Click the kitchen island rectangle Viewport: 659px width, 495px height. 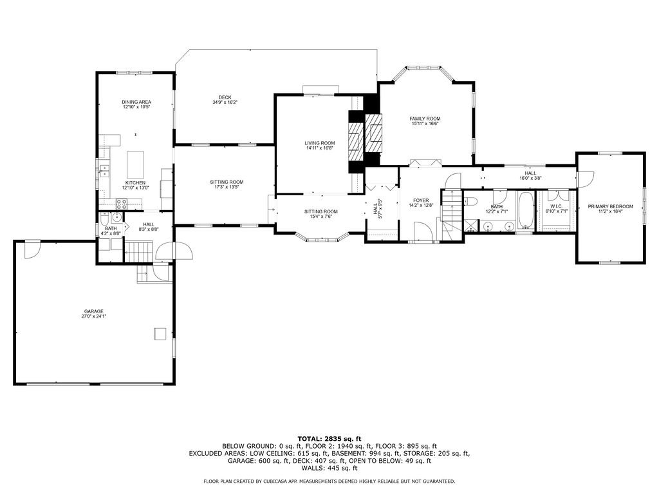click(x=136, y=164)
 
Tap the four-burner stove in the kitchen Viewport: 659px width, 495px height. click(x=121, y=204)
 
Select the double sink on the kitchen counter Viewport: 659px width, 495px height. click(x=104, y=171)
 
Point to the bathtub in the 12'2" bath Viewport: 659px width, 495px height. click(x=525, y=210)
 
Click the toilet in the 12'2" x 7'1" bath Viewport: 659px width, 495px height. click(x=470, y=201)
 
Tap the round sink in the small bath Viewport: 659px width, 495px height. click(x=116, y=217)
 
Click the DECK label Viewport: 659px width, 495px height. click(x=225, y=97)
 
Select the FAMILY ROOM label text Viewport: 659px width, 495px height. click(x=425, y=119)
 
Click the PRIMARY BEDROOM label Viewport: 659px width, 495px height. click(x=610, y=206)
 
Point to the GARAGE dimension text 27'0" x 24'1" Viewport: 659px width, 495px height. click(x=93, y=316)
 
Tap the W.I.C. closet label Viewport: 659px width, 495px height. click(x=555, y=206)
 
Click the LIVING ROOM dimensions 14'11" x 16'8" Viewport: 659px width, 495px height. click(x=320, y=148)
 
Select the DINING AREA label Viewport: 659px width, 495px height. click(x=136, y=102)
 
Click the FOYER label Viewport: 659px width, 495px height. click(x=421, y=200)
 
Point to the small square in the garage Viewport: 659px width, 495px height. click(x=160, y=333)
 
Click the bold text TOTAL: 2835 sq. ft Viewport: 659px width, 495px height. click(x=329, y=438)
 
